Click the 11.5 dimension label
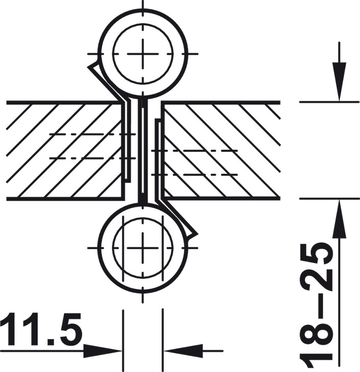point(41,329)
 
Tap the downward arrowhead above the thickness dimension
point(339,82)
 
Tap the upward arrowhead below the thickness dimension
point(339,219)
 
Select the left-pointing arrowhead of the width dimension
point(183,351)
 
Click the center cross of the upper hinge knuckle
point(143,54)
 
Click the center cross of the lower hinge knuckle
point(143,248)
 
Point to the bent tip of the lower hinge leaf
point(197,234)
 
